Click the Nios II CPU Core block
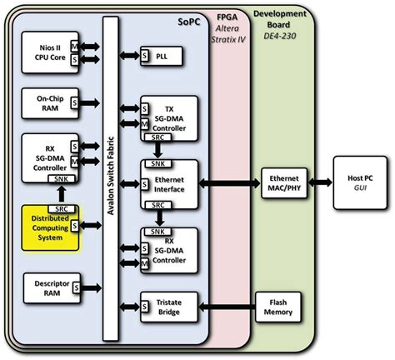pos(50,52)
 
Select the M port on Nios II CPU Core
pos(74,47)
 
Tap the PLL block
pos(162,56)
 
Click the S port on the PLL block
pos(144,56)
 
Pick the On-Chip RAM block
pos(50,103)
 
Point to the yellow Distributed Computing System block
pos(50,227)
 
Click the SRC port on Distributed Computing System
pos(62,209)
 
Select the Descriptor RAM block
pos(52,288)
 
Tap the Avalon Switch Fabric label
pos(111,176)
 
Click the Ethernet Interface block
pos(169,184)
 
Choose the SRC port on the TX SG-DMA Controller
pos(157,137)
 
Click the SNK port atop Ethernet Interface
pos(158,163)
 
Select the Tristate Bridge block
pos(169,307)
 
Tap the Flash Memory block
pos(278,307)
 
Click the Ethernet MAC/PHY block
pos(284,183)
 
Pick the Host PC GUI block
pos(360,182)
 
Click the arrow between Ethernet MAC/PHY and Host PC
pos(320,182)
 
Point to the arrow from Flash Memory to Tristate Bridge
pos(227,307)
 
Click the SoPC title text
pos(189,22)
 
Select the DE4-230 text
pos(280,36)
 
